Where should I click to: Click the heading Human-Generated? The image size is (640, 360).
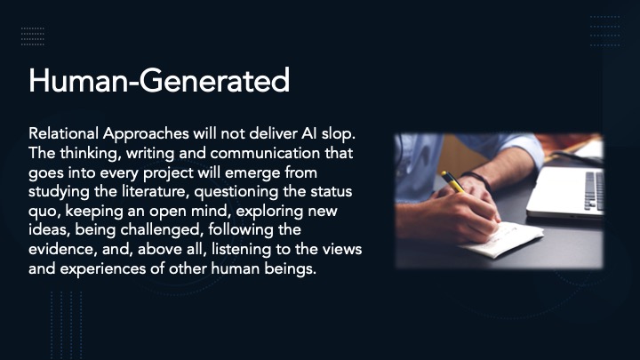(x=159, y=80)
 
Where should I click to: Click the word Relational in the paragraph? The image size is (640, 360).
(x=64, y=133)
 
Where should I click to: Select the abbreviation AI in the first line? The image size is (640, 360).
(x=309, y=133)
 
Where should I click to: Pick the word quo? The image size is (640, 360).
(x=45, y=212)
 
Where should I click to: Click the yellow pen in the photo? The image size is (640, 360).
(x=452, y=181)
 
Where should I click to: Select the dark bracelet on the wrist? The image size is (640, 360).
(x=476, y=180)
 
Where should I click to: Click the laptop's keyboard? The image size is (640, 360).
(x=595, y=190)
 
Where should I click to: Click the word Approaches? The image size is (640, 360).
(x=146, y=134)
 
